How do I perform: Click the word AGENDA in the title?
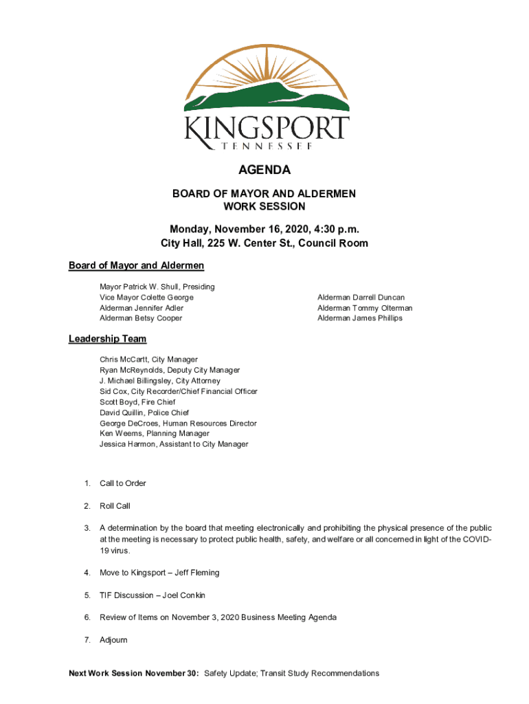click(x=264, y=170)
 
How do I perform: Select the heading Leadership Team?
click(x=107, y=339)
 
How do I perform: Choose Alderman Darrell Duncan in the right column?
click(x=361, y=298)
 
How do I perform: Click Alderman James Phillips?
click(x=359, y=318)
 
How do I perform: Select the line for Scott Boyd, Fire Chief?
click(x=137, y=402)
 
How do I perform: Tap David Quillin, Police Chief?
click(x=144, y=412)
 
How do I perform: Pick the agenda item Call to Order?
click(x=123, y=483)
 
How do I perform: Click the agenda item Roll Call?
click(x=115, y=506)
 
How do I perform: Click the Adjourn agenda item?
click(x=113, y=640)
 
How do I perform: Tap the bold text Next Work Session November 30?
click(x=133, y=674)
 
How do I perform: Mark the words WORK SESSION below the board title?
click(x=264, y=206)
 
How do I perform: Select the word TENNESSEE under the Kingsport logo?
click(x=264, y=146)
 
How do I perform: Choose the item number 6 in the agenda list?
click(x=87, y=617)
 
